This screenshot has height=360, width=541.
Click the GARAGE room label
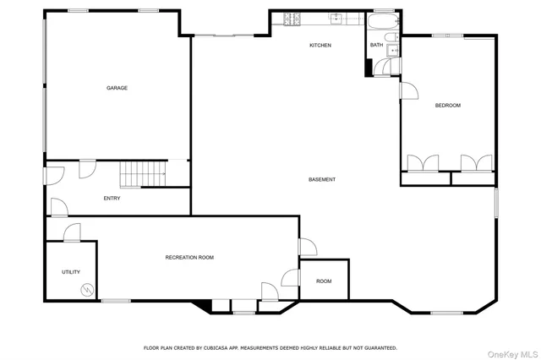[x=117, y=88]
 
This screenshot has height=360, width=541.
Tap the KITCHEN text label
[x=320, y=45]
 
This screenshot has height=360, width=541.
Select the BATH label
[x=375, y=45]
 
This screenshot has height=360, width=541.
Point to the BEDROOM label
[x=447, y=105]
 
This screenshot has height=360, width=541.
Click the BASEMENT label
[x=322, y=179]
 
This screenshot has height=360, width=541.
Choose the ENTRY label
[x=112, y=199]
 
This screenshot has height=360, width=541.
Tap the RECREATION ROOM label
[x=189, y=257]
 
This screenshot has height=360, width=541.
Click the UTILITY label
[x=71, y=272]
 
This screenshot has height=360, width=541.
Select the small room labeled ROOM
[x=324, y=281]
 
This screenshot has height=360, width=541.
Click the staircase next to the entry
[x=142, y=174]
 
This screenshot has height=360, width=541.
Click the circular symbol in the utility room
[x=85, y=290]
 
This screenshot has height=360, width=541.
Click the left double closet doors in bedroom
[x=422, y=163]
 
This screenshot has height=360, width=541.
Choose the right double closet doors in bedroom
[x=474, y=163]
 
